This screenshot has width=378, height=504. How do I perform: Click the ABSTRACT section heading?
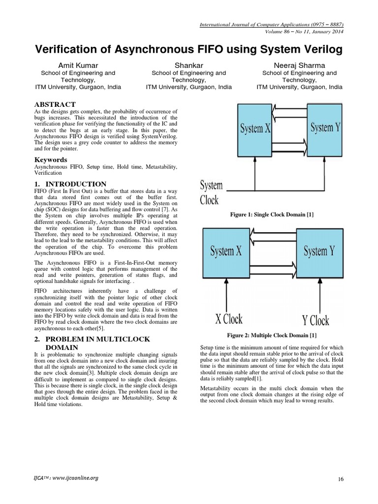[55, 104]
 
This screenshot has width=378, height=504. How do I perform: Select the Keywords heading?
[51, 160]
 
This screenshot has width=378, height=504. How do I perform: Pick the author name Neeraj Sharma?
[299, 65]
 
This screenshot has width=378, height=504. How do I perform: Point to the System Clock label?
[211, 193]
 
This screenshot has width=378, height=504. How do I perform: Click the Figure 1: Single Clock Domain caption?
[272, 215]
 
